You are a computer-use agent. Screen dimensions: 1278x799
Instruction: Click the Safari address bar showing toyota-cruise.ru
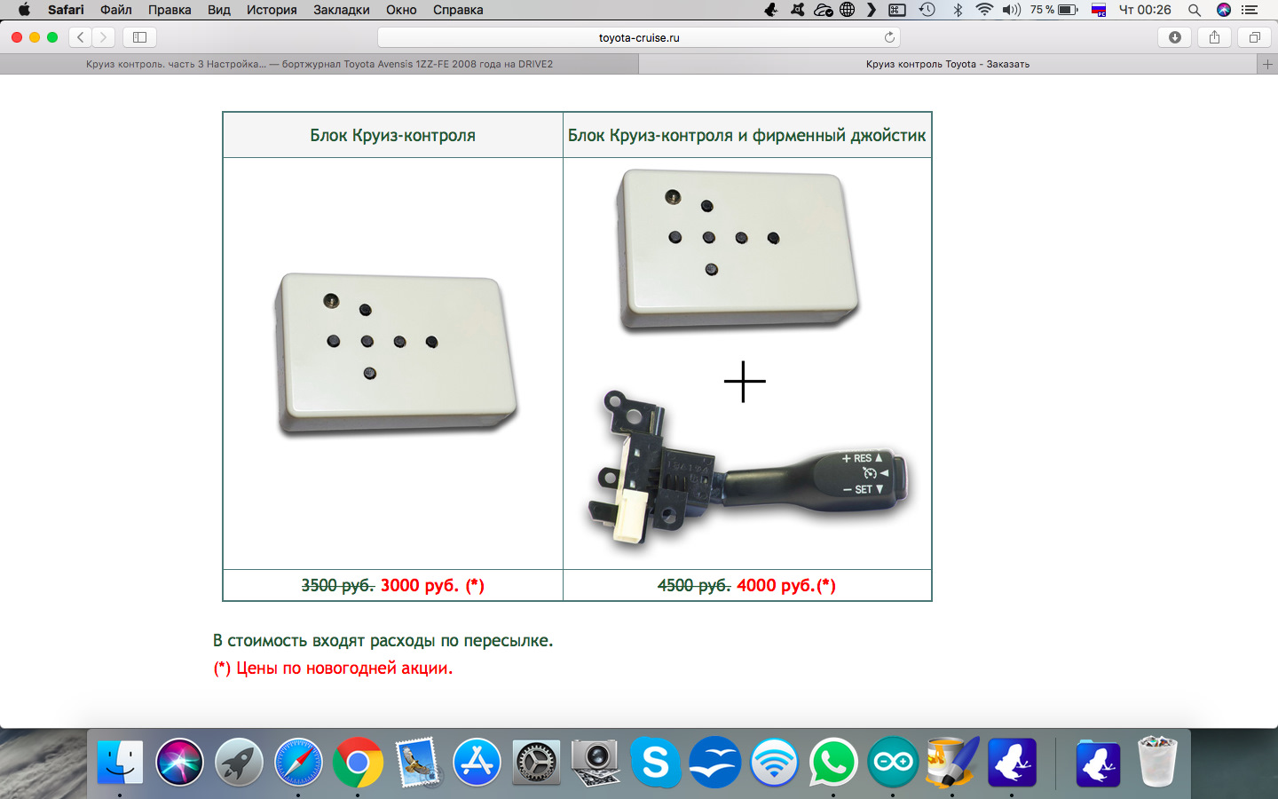pos(638,37)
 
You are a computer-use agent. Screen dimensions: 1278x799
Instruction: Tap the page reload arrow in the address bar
pos(889,37)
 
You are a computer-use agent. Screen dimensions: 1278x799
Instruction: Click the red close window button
pos(17,37)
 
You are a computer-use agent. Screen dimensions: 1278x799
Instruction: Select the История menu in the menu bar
pos(272,10)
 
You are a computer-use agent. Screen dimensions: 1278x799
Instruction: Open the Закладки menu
pos(341,10)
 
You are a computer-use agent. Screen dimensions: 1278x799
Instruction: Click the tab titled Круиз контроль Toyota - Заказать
pos(948,64)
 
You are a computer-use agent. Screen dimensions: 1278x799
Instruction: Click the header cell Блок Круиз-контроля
pos(392,135)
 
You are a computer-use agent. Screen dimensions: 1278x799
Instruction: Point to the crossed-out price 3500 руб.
pos(338,586)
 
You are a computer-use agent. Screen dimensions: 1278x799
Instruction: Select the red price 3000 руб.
pos(420,586)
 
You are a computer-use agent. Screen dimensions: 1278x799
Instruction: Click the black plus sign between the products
pos(745,381)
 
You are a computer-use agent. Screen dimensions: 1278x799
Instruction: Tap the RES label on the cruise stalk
pos(863,458)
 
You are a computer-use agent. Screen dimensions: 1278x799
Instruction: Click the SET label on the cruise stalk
pos(864,489)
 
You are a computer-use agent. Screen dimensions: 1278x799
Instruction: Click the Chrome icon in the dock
pos(358,763)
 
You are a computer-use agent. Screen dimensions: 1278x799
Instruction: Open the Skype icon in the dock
pos(656,763)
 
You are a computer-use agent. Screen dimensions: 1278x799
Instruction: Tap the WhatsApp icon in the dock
pos(833,763)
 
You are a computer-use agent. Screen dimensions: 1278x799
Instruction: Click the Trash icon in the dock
pos(1157,762)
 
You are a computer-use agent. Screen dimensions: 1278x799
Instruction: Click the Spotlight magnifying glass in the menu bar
pos(1195,10)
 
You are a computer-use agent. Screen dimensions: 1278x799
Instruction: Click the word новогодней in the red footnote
pos(351,668)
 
